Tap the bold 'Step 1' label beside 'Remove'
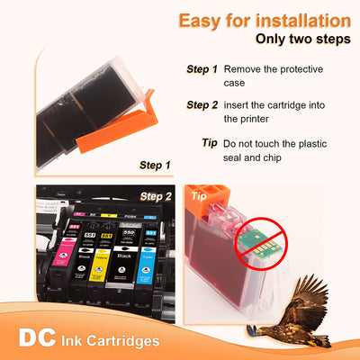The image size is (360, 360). [x=202, y=69]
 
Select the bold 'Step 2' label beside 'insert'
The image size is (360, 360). [x=202, y=104]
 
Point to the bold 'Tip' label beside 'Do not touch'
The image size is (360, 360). [x=210, y=143]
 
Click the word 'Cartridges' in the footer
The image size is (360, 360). [x=125, y=341]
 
